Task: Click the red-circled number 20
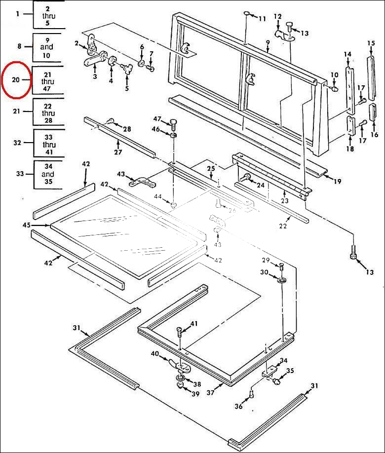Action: coord(15,79)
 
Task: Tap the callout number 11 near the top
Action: coord(262,19)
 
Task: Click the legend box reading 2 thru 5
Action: coord(48,16)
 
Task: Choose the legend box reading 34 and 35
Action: coord(48,174)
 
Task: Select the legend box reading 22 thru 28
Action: coord(48,113)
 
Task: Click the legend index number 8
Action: coord(20,46)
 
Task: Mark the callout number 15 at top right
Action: coord(371,43)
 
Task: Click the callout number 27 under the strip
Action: coord(118,152)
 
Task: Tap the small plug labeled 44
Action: coord(174,204)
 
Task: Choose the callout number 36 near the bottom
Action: coord(238,406)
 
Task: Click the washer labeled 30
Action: coord(282,280)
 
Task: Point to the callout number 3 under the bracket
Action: coord(94,76)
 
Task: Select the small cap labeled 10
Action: coord(335,90)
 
